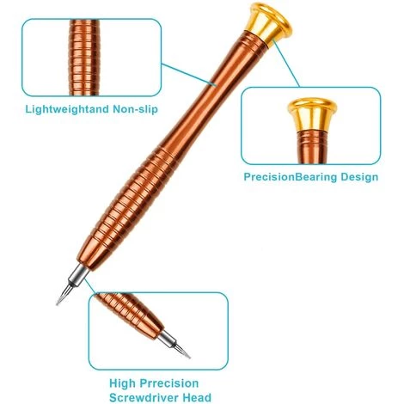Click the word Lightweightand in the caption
pos(67,110)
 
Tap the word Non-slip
pos(135,109)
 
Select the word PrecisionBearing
pos(291,177)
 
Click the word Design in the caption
pos(359,177)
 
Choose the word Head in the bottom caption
pos(197,398)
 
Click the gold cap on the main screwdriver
pos(268,24)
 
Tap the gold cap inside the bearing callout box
pos(312,114)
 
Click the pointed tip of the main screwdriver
pos(58,303)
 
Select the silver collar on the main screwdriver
pos(77,276)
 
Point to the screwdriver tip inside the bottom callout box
pos(182,351)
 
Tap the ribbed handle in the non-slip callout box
pos(84,58)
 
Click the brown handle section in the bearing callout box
pos(312,147)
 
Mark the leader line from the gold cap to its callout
pos(286,63)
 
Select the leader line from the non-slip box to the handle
pos(188,75)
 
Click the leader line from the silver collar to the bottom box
pos(90,285)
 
